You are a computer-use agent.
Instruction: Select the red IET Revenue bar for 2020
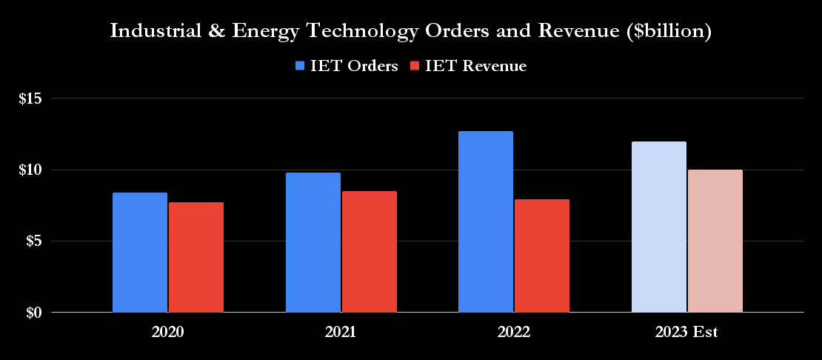pyautogui.click(x=196, y=257)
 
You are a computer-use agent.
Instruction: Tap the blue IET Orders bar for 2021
pyautogui.click(x=313, y=242)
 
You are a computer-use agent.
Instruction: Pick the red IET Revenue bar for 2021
pyautogui.click(x=370, y=252)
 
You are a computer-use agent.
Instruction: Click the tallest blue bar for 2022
pyautogui.click(x=486, y=221)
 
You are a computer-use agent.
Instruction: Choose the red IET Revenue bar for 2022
pyautogui.click(x=542, y=256)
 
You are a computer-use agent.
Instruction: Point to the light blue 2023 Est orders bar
pyautogui.click(x=659, y=227)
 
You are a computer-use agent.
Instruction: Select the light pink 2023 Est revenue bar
pyautogui.click(x=715, y=241)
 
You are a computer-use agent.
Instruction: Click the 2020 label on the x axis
pyautogui.click(x=167, y=333)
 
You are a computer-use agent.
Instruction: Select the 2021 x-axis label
pyautogui.click(x=341, y=333)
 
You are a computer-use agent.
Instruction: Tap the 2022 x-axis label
pyautogui.click(x=514, y=333)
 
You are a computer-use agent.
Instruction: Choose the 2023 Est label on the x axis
pyautogui.click(x=686, y=333)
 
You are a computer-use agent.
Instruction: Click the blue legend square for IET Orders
pyautogui.click(x=300, y=66)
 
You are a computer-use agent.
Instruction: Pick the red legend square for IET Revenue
pyautogui.click(x=414, y=66)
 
